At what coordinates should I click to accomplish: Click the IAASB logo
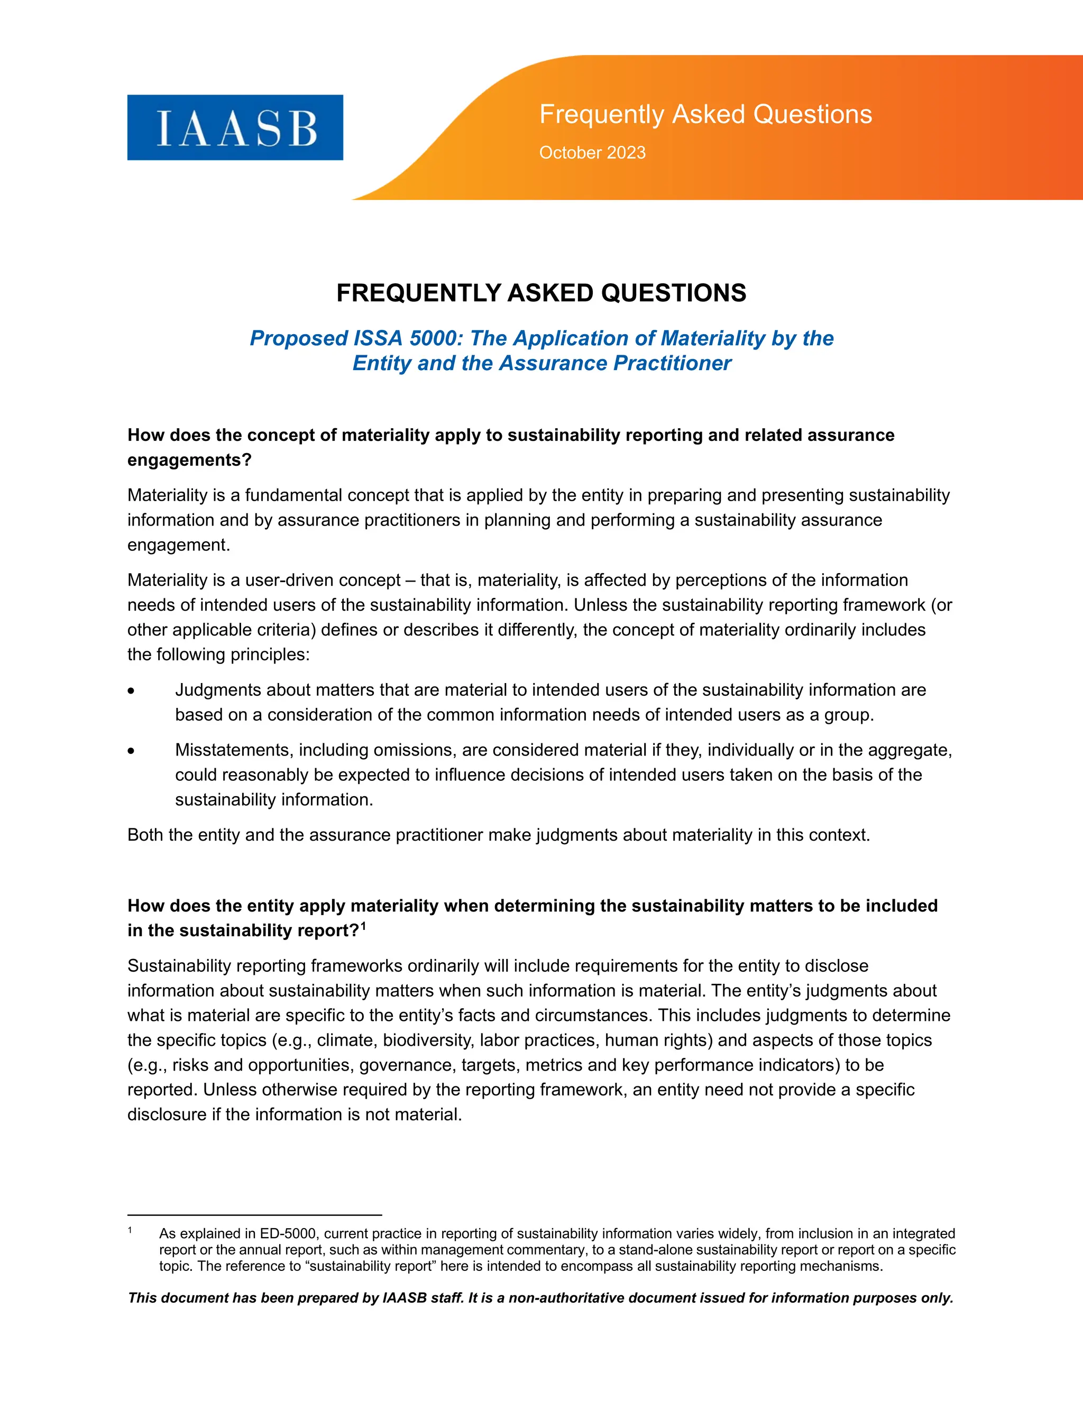click(235, 127)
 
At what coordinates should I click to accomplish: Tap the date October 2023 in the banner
click(592, 153)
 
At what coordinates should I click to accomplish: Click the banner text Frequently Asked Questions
click(705, 114)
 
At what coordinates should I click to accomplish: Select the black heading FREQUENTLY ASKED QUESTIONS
click(541, 293)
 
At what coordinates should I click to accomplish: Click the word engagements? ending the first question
click(189, 460)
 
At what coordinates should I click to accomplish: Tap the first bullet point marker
click(131, 691)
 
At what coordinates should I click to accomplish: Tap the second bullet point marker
click(131, 751)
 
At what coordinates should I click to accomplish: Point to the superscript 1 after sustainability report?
click(363, 926)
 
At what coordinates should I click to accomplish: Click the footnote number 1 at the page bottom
click(130, 1230)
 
